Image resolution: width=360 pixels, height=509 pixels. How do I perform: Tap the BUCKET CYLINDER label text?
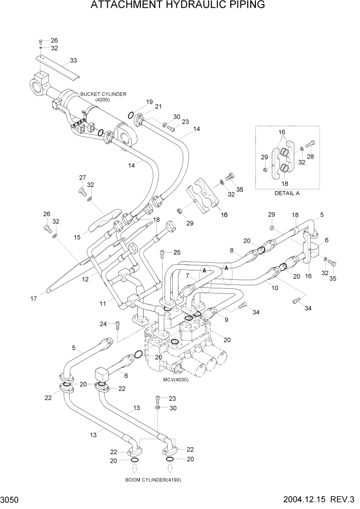tap(103, 94)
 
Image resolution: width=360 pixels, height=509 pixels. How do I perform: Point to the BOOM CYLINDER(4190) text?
tap(153, 480)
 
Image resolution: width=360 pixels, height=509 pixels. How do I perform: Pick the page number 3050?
tap(12, 499)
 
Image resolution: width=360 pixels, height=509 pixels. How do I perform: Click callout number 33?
tap(73, 61)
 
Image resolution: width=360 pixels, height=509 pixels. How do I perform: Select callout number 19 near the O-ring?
tap(149, 102)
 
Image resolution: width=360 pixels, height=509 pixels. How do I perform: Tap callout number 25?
tap(177, 252)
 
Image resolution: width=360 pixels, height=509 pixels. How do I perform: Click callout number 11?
tap(103, 304)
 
